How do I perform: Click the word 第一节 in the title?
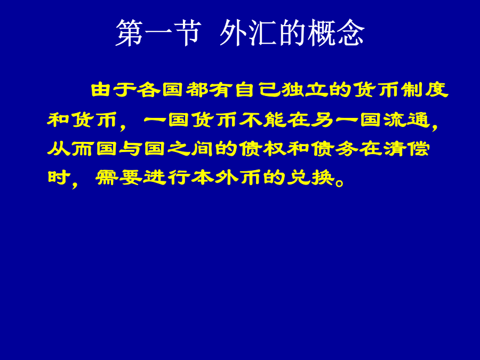tap(158, 33)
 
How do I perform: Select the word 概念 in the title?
tap(336, 33)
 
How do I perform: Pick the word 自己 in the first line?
tap(258, 90)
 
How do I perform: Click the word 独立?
tap(306, 90)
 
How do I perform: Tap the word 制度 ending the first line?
tap(426, 90)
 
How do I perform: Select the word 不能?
tap(263, 119)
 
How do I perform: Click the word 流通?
tap(408, 119)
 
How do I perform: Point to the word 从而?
tap(71, 149)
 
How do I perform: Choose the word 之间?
tap(191, 149)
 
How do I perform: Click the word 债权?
tap(263, 149)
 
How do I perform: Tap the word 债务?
tap(335, 149)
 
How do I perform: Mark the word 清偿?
tap(407, 149)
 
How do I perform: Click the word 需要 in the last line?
tap(119, 178)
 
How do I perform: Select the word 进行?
tap(167, 178)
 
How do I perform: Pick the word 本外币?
tap(227, 178)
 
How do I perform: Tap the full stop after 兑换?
tap(340, 183)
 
